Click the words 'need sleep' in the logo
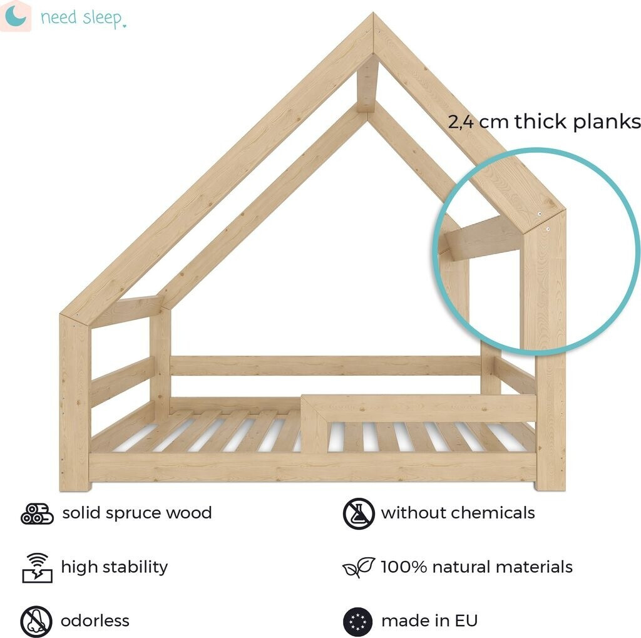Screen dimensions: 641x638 pyautogui.click(x=82, y=18)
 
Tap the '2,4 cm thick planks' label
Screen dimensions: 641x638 pyautogui.click(x=544, y=121)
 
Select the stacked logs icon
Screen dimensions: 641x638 pyautogui.click(x=37, y=513)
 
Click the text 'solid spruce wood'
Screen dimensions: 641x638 pyautogui.click(x=137, y=513)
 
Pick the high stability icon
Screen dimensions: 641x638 pyautogui.click(x=37, y=567)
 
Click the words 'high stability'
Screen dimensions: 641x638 pyautogui.click(x=115, y=567)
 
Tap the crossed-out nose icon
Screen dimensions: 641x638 pyautogui.click(x=36, y=621)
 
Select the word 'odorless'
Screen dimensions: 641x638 pyautogui.click(x=95, y=621)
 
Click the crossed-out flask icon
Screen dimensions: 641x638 pyautogui.click(x=359, y=513)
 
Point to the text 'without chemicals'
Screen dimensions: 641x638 pyautogui.click(x=458, y=513)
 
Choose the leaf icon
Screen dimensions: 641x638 pyautogui.click(x=359, y=567)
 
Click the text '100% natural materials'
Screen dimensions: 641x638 pyautogui.click(x=476, y=567)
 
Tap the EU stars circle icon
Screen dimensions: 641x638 pyautogui.click(x=359, y=621)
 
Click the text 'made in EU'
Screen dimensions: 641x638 pyautogui.click(x=429, y=621)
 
